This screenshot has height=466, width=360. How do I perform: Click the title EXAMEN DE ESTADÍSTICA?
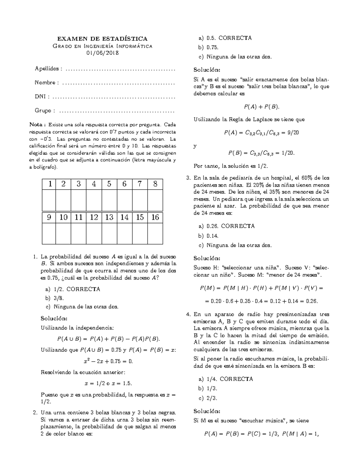coord(102,39)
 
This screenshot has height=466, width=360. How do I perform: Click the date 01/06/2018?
coord(102,53)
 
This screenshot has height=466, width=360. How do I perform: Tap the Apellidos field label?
coord(48,69)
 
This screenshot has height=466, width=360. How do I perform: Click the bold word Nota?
coord(37,125)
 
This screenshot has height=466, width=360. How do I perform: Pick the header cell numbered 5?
coord(109,184)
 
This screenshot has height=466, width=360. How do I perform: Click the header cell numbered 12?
coord(94,217)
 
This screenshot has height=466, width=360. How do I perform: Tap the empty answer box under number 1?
coord(49,200)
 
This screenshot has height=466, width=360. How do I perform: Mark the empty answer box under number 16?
coord(155,233)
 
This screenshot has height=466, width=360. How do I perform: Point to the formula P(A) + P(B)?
coord(261,107)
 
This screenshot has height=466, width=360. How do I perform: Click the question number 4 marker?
coord(188,314)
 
